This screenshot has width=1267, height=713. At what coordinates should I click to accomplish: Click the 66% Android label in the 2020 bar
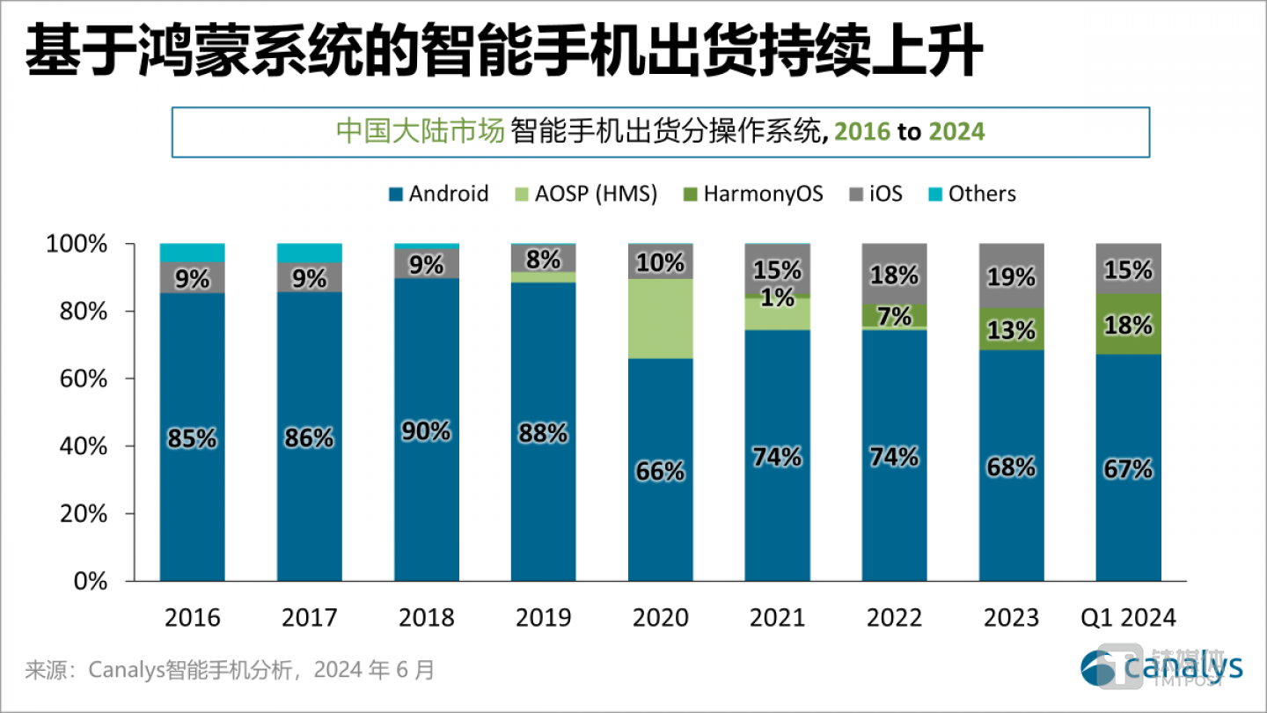660,472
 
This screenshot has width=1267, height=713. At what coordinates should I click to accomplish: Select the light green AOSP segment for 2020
660,318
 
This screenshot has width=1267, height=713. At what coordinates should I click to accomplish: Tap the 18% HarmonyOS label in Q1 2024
1129,326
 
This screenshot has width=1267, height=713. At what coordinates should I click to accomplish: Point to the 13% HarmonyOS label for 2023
1012,330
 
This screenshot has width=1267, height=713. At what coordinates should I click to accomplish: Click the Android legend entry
437,194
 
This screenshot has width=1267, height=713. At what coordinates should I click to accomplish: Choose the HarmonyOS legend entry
751,194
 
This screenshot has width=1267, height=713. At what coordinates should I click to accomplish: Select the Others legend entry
970,194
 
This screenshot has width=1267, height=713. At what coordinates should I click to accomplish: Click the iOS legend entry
874,194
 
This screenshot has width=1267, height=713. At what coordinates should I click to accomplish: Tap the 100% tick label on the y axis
77,245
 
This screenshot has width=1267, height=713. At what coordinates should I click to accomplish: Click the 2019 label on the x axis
543,617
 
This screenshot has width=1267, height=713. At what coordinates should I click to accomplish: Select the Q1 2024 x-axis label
1128,617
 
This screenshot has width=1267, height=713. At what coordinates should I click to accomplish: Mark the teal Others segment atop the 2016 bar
192,253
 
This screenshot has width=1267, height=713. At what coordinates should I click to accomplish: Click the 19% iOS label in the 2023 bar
1012,278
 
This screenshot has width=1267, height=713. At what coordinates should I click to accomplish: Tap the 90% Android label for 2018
426,431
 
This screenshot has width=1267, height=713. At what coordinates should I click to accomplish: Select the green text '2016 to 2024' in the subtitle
910,132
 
